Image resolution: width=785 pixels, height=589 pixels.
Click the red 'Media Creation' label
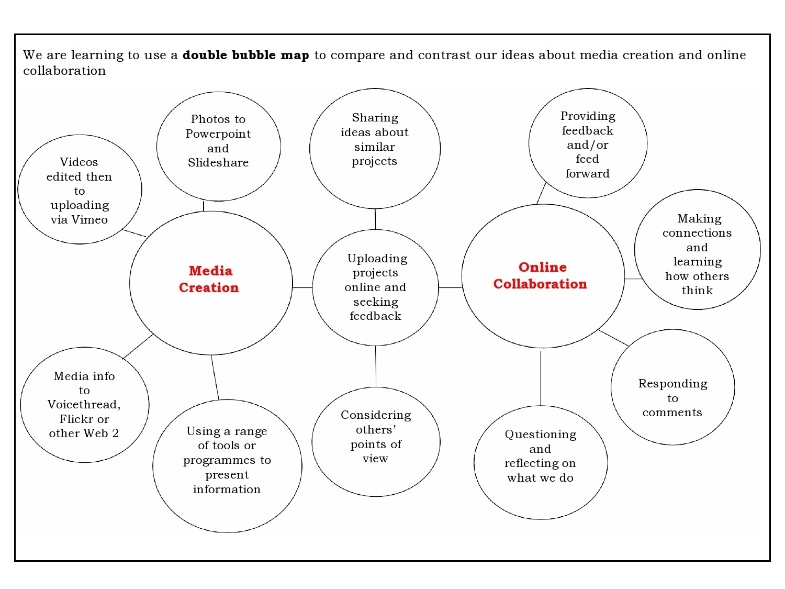(209, 279)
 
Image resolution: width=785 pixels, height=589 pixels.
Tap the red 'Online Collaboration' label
(541, 275)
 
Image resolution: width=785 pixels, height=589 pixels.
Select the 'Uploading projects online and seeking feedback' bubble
(375, 287)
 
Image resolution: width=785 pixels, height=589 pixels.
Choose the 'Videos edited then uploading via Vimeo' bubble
(80, 190)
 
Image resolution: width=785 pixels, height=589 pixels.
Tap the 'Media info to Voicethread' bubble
(84, 405)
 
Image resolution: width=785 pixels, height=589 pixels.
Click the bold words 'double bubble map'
(245, 55)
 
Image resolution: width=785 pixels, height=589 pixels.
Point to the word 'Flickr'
(76, 419)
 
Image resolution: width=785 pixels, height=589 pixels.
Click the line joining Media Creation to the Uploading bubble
(302, 287)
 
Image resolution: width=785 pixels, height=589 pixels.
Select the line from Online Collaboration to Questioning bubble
(541, 377)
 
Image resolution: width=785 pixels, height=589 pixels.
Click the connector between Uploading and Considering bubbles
(376, 366)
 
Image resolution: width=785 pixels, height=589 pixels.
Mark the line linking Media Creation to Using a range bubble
(215, 377)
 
